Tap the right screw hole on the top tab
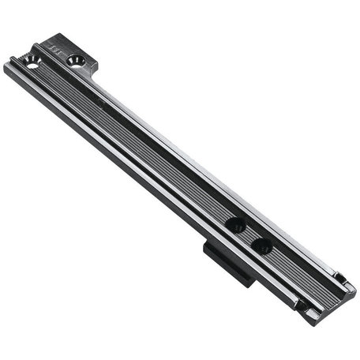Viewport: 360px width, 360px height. [x=76, y=60]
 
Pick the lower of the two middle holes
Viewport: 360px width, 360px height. [x=264, y=247]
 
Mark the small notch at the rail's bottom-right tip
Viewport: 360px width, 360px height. [x=341, y=279]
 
